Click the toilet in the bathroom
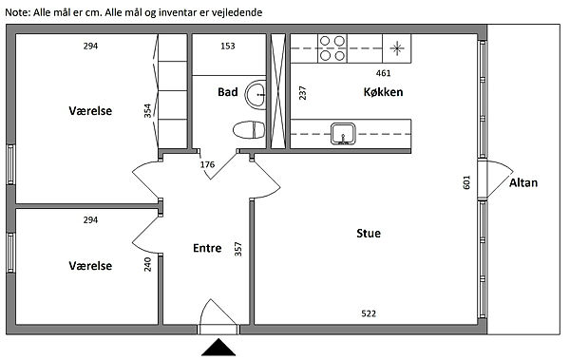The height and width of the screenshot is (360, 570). pos(249,130)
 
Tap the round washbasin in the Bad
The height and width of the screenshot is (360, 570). pos(256,95)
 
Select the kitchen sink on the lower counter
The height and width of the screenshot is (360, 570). pos(343,133)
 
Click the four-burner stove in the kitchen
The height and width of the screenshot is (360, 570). pos(332,48)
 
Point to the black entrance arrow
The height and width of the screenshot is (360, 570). pos(218,347)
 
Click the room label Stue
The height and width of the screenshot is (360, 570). pos(369,233)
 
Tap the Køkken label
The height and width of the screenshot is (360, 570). pos(383,92)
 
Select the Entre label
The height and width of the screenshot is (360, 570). pos(207,248)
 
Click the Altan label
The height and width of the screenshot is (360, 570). pos(523,182)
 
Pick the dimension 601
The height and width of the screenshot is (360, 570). pos(466,182)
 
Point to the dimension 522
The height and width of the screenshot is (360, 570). pos(369,313)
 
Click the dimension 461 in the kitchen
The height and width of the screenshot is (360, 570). pos(383,73)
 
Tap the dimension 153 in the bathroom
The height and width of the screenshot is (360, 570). pos(228,46)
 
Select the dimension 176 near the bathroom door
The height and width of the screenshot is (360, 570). pos(207,164)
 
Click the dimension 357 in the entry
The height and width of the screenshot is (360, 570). pos(238,249)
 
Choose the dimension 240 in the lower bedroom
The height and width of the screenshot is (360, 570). pos(147,264)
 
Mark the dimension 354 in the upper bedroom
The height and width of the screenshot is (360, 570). pos(147,110)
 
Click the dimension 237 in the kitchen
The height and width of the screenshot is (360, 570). pos(302,93)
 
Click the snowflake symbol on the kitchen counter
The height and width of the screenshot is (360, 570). pos(397,48)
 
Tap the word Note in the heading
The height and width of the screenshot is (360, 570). pos(17,12)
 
